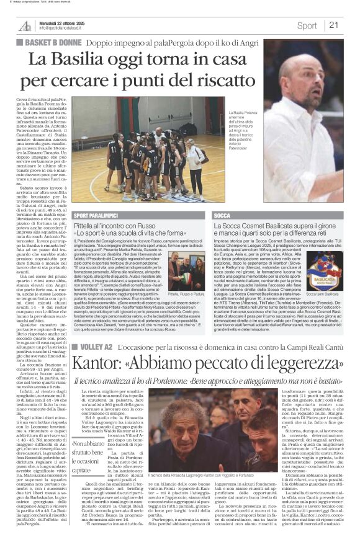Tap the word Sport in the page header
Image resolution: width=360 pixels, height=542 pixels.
(307, 25)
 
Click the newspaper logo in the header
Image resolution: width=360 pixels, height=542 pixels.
(25, 25)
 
